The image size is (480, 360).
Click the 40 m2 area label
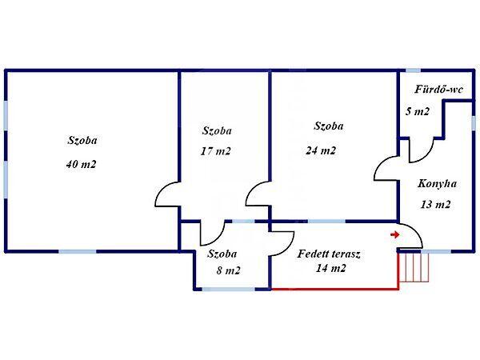click(x=82, y=165)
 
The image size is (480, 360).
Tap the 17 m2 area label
click(x=216, y=151)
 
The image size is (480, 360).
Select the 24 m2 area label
click(x=321, y=150)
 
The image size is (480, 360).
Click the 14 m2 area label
click(x=330, y=268)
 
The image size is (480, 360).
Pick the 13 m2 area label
click(x=435, y=204)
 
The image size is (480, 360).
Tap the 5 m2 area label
click(x=418, y=112)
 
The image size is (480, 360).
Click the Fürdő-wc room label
click(x=439, y=90)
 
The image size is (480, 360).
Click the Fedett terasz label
click(x=329, y=254)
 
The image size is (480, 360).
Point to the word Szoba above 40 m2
click(x=82, y=140)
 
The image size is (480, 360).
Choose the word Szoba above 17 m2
click(x=218, y=130)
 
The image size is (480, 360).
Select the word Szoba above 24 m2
click(x=329, y=126)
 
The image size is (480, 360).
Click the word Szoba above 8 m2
click(x=223, y=254)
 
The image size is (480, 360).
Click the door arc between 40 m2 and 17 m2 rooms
click(x=166, y=194)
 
